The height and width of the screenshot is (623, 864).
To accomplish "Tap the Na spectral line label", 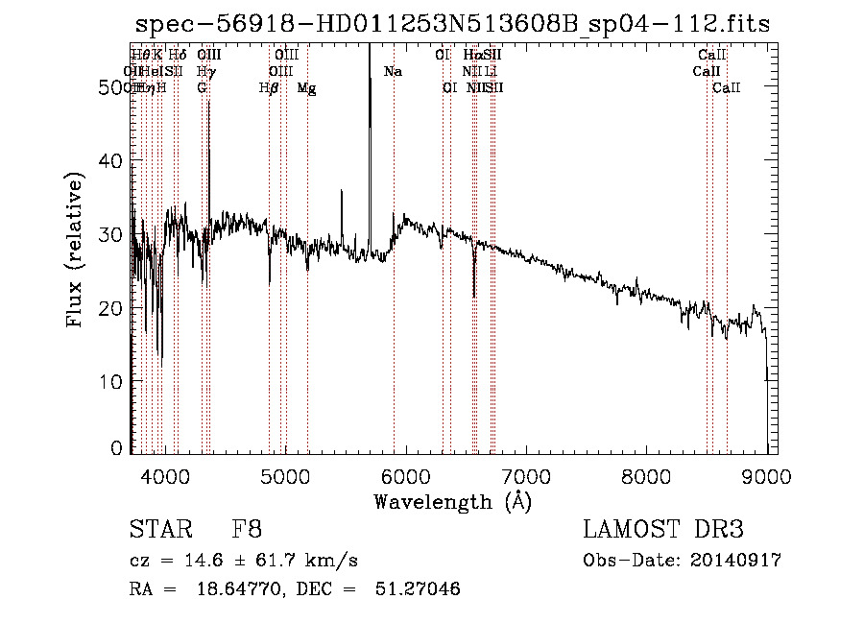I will (392, 72).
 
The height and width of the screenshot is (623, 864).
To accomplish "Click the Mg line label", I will (306, 88).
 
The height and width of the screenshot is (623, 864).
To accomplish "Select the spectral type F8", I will (247, 531).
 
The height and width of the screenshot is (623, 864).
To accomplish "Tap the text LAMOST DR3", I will (662, 531).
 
